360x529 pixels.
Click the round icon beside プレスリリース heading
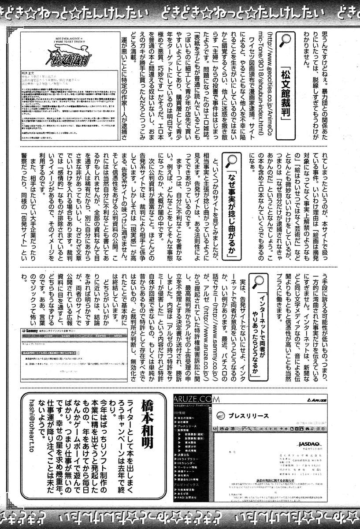(220, 416)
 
